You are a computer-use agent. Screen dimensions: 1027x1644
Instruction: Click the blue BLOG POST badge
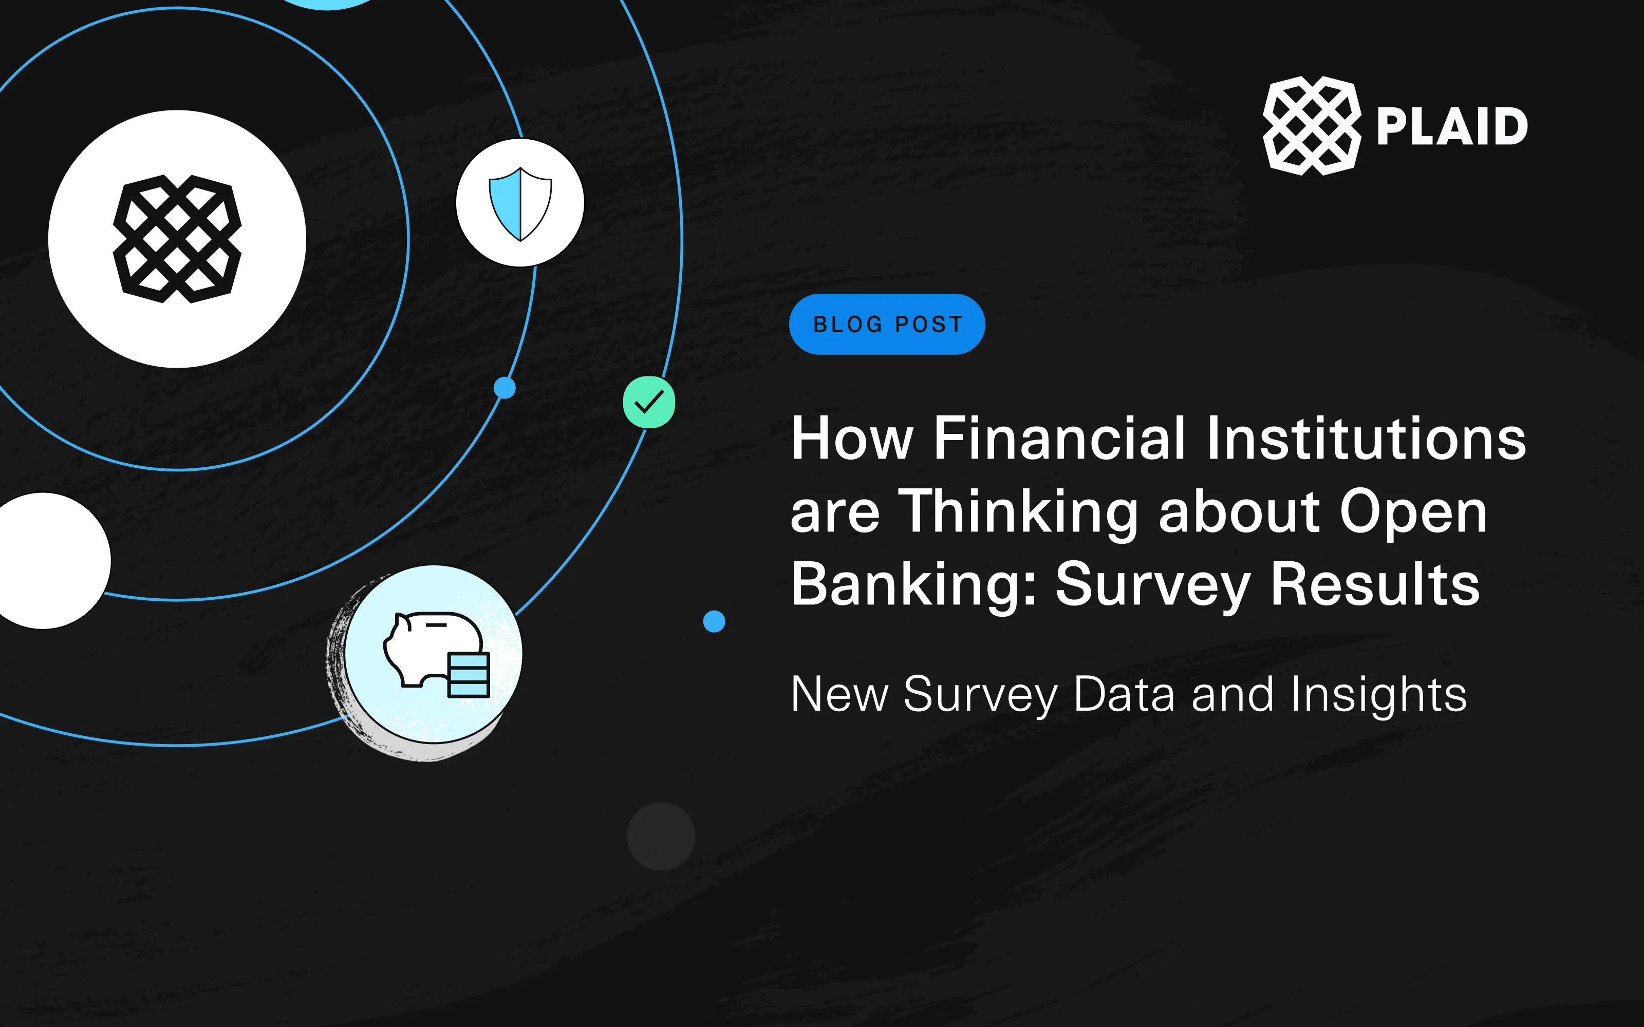click(887, 324)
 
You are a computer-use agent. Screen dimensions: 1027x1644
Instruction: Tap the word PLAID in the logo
click(1452, 127)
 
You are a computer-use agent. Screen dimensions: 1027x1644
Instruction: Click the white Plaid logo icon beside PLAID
click(1311, 126)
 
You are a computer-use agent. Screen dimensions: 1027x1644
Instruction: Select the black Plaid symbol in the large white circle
click(177, 239)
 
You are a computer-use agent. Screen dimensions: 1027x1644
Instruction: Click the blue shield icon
click(520, 203)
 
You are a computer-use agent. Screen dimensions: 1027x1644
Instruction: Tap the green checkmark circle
click(649, 402)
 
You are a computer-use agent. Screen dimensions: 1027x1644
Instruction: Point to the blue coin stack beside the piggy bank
click(469, 674)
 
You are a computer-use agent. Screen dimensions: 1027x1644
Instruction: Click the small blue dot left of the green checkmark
click(505, 388)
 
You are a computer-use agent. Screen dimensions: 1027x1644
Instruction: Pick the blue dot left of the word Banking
click(714, 621)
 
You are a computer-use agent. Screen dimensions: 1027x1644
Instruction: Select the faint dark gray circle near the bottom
click(661, 835)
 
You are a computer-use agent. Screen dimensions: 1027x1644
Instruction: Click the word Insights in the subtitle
click(1378, 694)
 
